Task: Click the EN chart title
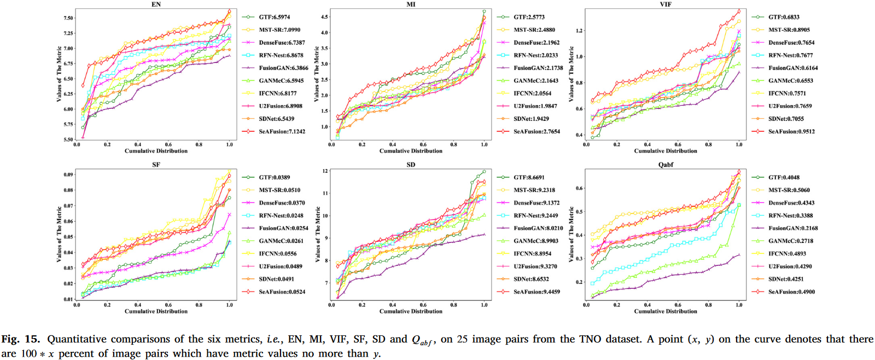156,4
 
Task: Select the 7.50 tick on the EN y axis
68,18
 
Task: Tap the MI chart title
411,4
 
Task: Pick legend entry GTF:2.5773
529,17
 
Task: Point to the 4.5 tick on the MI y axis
325,17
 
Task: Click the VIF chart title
666,4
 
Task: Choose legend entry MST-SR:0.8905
789,30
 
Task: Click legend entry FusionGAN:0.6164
793,68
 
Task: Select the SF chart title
156,165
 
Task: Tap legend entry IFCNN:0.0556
277,253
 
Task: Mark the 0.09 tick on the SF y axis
68,175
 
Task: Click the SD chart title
411,165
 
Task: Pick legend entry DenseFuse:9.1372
536,202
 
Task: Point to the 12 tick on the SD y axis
325,171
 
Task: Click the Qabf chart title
666,165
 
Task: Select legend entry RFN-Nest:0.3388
790,216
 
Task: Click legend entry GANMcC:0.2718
790,241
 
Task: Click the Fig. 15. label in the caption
20,339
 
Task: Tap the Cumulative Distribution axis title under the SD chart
411,311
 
